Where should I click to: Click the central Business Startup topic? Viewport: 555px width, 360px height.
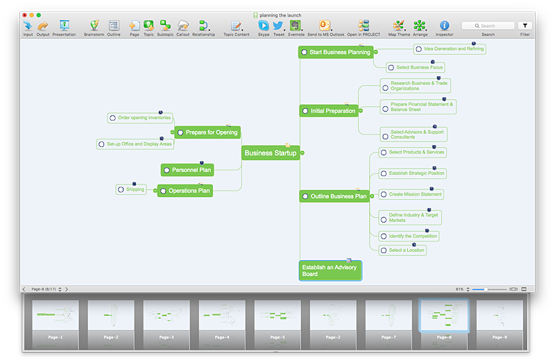pyautogui.click(x=270, y=153)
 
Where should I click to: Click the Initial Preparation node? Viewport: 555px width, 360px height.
pyautogui.click(x=332, y=111)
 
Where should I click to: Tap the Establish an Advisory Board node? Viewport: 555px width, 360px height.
pyautogui.click(x=330, y=270)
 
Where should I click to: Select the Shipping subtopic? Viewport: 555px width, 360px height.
pyautogui.click(x=135, y=189)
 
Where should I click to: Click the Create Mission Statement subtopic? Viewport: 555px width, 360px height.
pyautogui.click(x=415, y=194)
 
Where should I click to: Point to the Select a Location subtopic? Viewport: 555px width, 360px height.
pyautogui.click(x=406, y=250)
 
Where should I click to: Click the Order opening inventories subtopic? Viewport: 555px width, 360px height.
pyautogui.click(x=144, y=118)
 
